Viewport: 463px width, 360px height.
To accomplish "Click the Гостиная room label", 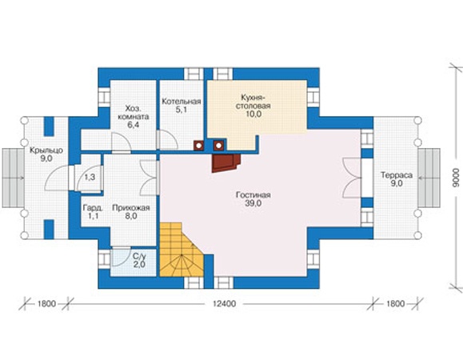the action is (253, 195).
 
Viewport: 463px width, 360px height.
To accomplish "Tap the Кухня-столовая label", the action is (253, 102).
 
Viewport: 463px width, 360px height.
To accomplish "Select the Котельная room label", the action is (182, 102).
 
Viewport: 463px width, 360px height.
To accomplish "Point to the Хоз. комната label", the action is (134, 112).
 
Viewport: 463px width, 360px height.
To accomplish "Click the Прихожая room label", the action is (131, 208).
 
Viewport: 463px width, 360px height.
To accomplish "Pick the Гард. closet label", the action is (93, 208).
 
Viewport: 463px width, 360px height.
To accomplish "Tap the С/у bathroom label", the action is (139, 256).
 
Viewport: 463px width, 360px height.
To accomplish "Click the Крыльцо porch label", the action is (46, 150).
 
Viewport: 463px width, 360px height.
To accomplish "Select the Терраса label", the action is (397, 175).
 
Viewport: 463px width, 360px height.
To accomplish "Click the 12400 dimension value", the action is (225, 303).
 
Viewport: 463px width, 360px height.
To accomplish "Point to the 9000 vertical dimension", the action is (457, 178).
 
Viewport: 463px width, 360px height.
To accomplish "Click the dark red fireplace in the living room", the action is (226, 163).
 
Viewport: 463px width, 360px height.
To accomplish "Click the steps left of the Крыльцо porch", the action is (14, 178).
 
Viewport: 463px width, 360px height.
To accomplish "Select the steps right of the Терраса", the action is (429, 178).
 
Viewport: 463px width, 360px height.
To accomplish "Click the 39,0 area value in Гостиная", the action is (253, 203).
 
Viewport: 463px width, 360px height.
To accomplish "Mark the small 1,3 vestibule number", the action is (90, 177).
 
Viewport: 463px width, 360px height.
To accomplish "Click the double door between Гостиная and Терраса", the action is (352, 178).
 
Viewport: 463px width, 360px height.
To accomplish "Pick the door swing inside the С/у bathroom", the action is (121, 256).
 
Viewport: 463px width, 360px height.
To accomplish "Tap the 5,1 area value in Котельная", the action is (182, 110).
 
